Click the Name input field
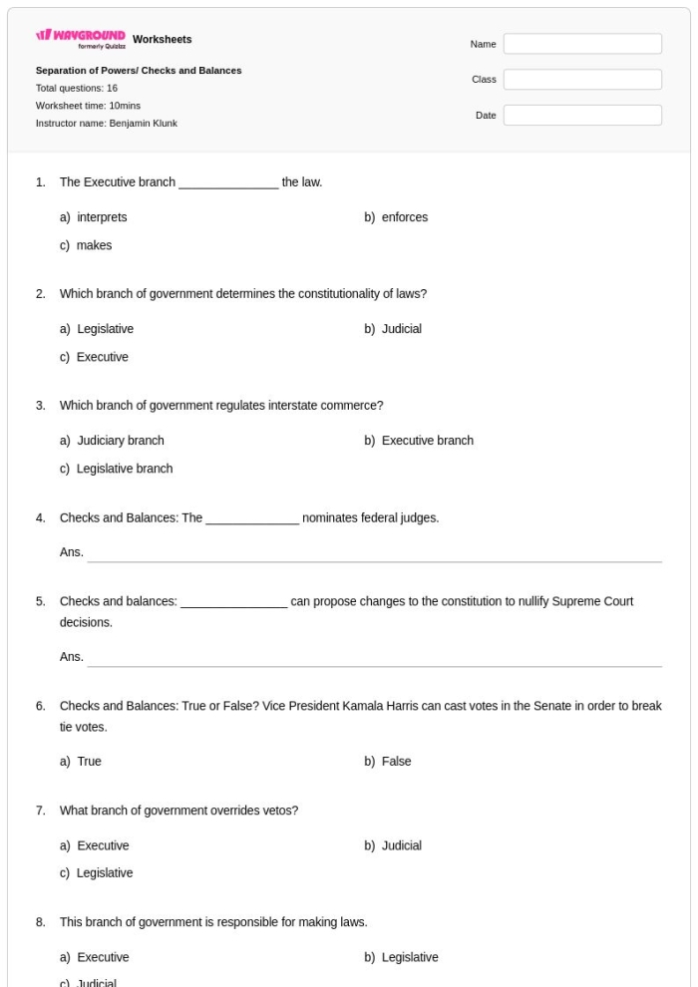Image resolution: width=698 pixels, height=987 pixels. (x=582, y=44)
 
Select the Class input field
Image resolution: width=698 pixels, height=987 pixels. (x=582, y=80)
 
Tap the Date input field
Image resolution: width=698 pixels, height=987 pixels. (x=582, y=116)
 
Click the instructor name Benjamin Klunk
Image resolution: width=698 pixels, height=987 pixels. (x=144, y=124)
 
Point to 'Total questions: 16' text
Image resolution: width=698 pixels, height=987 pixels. (x=77, y=88)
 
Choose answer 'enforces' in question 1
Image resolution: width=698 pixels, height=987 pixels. (x=404, y=217)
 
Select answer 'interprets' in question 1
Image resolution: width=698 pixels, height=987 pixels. (x=101, y=217)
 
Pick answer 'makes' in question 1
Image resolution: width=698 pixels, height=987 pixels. (x=94, y=245)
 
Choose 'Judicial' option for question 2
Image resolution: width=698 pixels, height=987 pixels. (x=401, y=329)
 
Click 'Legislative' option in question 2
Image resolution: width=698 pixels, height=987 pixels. (x=105, y=329)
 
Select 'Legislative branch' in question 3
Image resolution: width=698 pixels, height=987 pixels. (x=124, y=469)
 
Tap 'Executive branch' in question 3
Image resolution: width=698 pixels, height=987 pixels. (x=427, y=441)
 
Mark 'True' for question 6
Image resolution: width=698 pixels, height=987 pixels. (x=89, y=762)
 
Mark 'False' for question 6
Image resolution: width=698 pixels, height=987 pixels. (x=396, y=762)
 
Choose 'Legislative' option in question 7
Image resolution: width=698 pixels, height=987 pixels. (x=105, y=873)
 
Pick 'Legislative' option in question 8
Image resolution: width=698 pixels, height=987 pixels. (x=409, y=957)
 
